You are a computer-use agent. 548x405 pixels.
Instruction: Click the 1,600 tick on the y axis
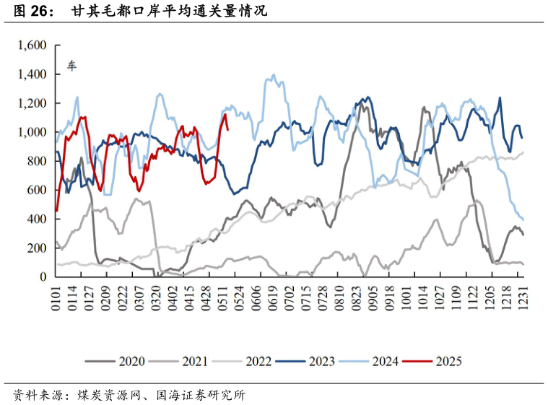pos(31,45)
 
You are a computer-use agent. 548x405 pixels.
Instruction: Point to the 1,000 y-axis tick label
pos(31,132)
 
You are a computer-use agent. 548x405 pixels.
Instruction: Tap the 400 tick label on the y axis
pos(38,219)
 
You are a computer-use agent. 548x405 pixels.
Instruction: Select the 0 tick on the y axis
pos(43,276)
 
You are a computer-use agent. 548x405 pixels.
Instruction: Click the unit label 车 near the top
pos(71,66)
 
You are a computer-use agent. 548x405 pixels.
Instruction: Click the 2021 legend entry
pos(194,361)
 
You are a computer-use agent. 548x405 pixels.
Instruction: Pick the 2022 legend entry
pos(258,361)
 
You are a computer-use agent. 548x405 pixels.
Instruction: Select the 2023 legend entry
pos(321,361)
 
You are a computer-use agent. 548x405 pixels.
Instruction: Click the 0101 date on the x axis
pos(56,297)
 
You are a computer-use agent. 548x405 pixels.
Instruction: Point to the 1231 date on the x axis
pos(524,297)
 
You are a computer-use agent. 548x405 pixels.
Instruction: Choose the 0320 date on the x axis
pos(157,297)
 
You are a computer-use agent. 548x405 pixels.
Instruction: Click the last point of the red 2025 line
pos(228,130)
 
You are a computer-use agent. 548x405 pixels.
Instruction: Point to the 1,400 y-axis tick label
pos(31,74)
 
